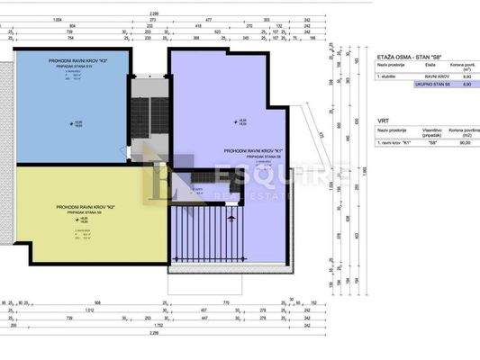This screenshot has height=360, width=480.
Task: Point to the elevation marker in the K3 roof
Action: coord(77,122)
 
